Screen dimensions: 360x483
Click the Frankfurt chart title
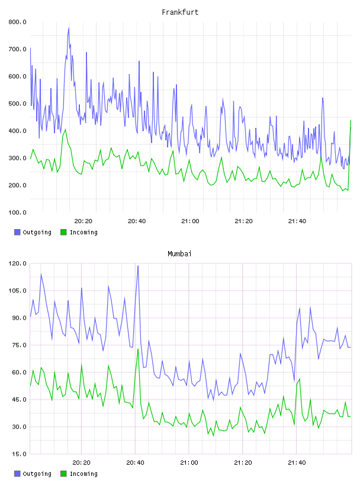pos(180,12)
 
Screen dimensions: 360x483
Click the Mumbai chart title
pos(179,253)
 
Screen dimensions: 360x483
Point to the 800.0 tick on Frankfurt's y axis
pos(17,22)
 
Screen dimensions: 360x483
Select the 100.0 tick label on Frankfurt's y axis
pos(17,212)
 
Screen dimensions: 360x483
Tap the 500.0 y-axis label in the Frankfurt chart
pos(17,104)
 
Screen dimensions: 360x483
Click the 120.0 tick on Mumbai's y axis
pos(17,263)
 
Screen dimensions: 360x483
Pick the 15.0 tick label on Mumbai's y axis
pos(19,454)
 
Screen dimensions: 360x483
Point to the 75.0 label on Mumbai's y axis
pos(19,345)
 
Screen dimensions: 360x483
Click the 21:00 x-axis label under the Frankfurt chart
pos(190,221)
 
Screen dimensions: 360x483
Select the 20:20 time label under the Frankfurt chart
pos(83,221)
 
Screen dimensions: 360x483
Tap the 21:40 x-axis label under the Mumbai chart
pos(297,462)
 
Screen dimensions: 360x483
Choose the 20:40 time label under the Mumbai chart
pos(136,462)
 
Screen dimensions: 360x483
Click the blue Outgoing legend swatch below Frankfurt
pos(17,232)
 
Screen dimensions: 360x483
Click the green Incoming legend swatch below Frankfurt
pos(63,232)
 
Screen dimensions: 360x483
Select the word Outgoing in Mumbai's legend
pos(37,474)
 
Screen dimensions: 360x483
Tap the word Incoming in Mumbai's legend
pos(83,474)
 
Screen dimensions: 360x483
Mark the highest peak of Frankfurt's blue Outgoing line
pos(69,28)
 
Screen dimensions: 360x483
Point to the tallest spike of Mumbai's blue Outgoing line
pos(138,266)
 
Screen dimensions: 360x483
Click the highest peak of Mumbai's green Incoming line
pos(138,349)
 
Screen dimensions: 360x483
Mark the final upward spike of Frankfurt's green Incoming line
pos(351,120)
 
